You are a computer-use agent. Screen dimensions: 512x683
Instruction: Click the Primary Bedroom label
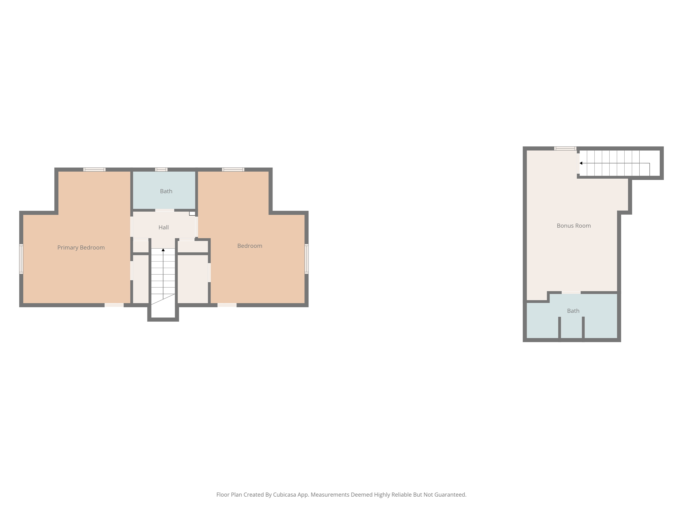pyautogui.click(x=81, y=247)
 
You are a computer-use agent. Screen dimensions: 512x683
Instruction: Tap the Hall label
pyautogui.click(x=163, y=227)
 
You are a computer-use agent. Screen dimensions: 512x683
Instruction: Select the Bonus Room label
pyautogui.click(x=574, y=226)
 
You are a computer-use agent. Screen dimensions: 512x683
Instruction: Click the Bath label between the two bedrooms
pyautogui.click(x=166, y=191)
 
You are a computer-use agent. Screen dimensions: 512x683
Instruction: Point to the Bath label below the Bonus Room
pyautogui.click(x=573, y=311)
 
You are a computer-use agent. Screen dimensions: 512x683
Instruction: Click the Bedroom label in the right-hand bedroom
pyautogui.click(x=249, y=246)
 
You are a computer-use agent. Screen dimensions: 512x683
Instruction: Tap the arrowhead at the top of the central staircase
pyautogui.click(x=163, y=250)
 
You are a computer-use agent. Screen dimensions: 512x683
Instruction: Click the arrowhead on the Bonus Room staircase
pyautogui.click(x=581, y=163)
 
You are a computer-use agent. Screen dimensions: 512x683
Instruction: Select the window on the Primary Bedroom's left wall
pyautogui.click(x=21, y=259)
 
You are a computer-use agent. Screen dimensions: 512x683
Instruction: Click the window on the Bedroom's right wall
pyautogui.click(x=306, y=259)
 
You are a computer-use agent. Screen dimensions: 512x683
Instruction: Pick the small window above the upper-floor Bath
pyautogui.click(x=161, y=169)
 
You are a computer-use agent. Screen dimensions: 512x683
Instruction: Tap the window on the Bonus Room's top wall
pyautogui.click(x=565, y=148)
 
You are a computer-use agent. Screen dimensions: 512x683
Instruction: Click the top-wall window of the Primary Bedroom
pyautogui.click(x=94, y=169)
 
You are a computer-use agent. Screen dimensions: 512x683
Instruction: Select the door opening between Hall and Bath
pyautogui.click(x=164, y=210)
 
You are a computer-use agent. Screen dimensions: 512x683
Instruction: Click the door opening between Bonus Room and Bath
pyautogui.click(x=571, y=292)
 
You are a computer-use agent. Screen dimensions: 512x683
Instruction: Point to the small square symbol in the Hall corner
pyautogui.click(x=192, y=213)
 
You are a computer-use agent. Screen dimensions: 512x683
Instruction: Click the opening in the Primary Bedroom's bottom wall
pyautogui.click(x=114, y=305)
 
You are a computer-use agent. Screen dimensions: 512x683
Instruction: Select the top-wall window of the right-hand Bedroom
pyautogui.click(x=233, y=169)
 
